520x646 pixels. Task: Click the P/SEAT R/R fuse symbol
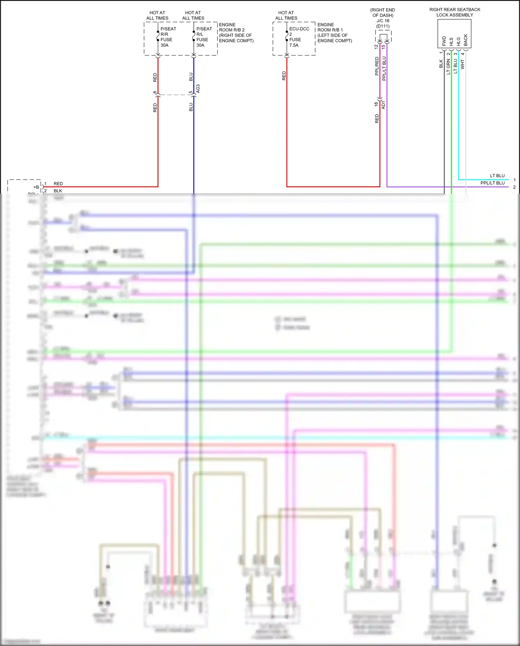158,36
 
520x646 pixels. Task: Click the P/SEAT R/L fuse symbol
194,36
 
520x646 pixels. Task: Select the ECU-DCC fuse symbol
287,36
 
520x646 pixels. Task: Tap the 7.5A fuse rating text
294,45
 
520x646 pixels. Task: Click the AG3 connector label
198,89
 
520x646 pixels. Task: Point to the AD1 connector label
383,105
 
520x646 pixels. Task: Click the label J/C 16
383,21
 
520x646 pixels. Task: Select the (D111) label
383,26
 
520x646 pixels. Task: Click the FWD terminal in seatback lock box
444,41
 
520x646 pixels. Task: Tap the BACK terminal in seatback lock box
466,40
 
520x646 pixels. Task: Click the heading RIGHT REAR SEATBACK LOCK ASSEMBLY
454,12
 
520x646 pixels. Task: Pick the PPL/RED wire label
377,66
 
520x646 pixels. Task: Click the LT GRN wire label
448,66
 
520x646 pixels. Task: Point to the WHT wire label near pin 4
462,64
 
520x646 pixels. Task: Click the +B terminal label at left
36,187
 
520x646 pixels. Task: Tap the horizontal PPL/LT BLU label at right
492,183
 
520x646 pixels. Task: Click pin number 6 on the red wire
155,92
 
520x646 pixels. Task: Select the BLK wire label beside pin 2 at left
58,191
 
